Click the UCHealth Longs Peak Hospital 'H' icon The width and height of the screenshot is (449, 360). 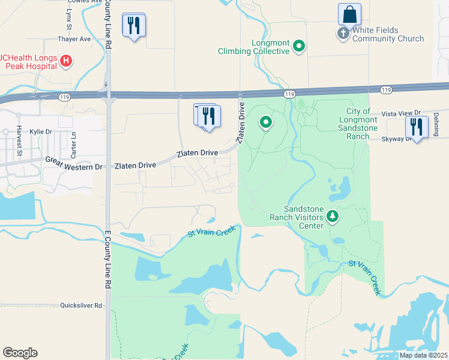(67, 61)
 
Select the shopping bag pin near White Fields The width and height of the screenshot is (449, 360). (349, 15)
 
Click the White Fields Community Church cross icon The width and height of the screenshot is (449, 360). (343, 34)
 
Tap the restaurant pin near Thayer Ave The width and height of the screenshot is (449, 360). (134, 25)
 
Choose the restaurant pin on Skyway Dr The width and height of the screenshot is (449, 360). (415, 127)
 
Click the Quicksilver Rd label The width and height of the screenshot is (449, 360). (82, 305)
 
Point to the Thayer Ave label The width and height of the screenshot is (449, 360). (74, 39)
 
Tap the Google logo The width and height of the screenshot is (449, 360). (20, 353)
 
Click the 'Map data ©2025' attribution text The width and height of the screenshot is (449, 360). (423, 355)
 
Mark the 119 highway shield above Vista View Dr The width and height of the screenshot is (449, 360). (386, 89)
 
